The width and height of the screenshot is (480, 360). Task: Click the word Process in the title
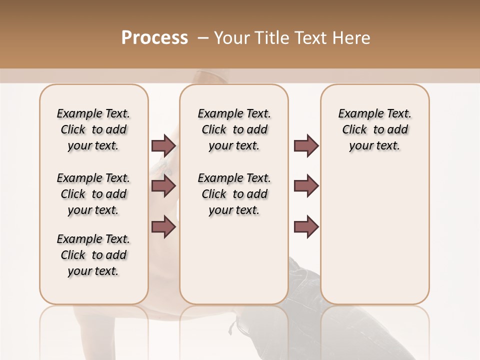[x=154, y=38]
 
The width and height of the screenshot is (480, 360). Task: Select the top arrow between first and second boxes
[x=163, y=146]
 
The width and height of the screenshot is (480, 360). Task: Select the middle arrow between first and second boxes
[x=163, y=186]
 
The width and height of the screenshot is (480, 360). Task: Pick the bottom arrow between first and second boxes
[x=163, y=226]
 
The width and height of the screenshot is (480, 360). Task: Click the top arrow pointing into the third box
[x=306, y=146]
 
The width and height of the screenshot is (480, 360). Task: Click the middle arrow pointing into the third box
[x=306, y=186]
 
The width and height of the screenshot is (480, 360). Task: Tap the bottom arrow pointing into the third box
[x=306, y=226]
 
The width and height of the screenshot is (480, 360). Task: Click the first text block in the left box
[x=93, y=129]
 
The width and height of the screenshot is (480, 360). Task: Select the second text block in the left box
[x=93, y=194]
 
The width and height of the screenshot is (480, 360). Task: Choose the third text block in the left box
[x=93, y=255]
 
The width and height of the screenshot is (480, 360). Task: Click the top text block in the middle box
[x=234, y=129]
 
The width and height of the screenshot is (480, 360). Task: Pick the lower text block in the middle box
[x=234, y=194]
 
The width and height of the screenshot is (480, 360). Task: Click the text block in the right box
[x=374, y=129]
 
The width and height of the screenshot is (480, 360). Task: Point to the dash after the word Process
[x=203, y=38]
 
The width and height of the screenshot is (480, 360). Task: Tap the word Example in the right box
[x=357, y=113]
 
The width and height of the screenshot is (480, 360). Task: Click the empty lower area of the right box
[x=374, y=235]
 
